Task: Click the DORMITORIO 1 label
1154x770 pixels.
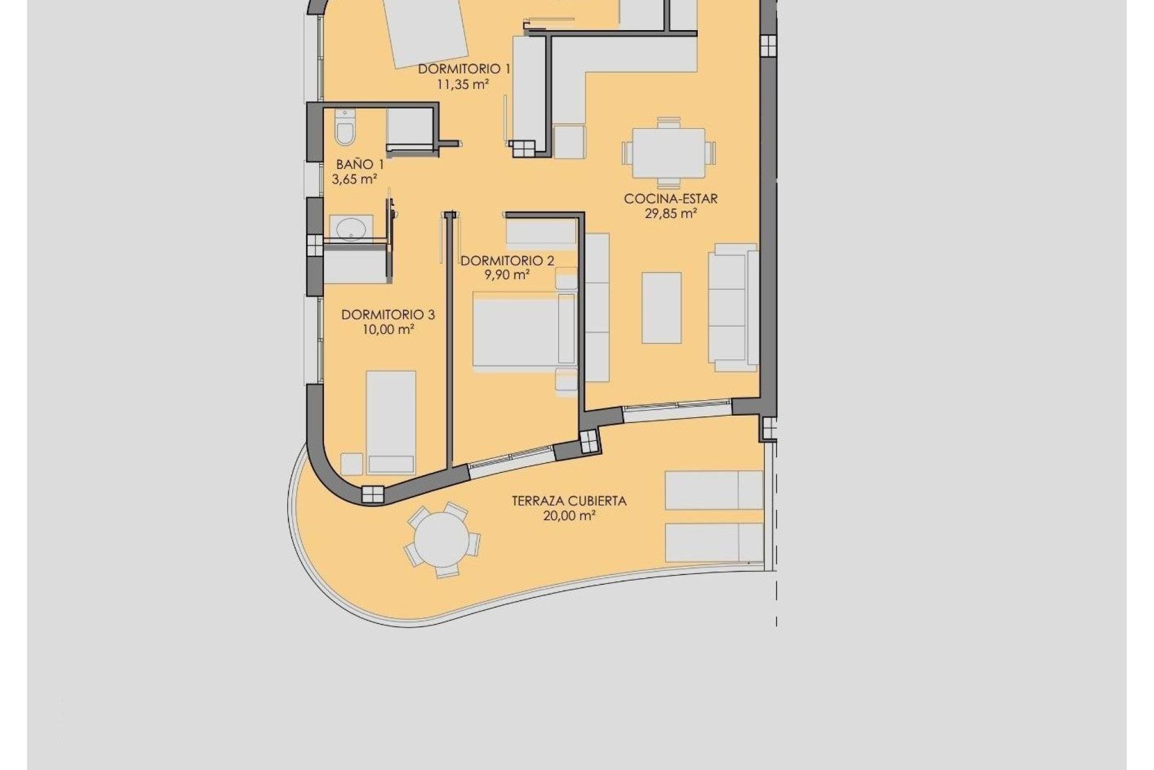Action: pyautogui.click(x=464, y=69)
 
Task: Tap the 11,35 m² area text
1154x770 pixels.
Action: pyautogui.click(x=462, y=84)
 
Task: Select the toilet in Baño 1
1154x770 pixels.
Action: pyautogui.click(x=345, y=128)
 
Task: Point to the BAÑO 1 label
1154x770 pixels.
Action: pyautogui.click(x=360, y=164)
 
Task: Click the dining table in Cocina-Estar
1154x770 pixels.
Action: pyautogui.click(x=669, y=153)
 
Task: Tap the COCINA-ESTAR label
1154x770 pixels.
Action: pyautogui.click(x=671, y=199)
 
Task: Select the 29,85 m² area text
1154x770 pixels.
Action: pyautogui.click(x=671, y=214)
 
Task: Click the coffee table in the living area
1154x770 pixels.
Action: pyautogui.click(x=661, y=307)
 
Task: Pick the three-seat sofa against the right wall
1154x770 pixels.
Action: pyautogui.click(x=733, y=307)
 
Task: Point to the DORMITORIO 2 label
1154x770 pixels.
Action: pyautogui.click(x=507, y=261)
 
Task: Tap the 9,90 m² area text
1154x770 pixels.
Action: pyautogui.click(x=507, y=276)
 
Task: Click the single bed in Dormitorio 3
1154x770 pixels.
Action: pyautogui.click(x=391, y=421)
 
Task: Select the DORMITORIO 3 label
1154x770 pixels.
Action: pyautogui.click(x=388, y=315)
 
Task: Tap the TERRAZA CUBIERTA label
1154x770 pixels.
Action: pyautogui.click(x=569, y=501)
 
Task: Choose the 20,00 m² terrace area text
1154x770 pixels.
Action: pyautogui.click(x=569, y=516)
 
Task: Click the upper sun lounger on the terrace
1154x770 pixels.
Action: pyautogui.click(x=713, y=490)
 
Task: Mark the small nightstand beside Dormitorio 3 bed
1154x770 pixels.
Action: pyautogui.click(x=352, y=464)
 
